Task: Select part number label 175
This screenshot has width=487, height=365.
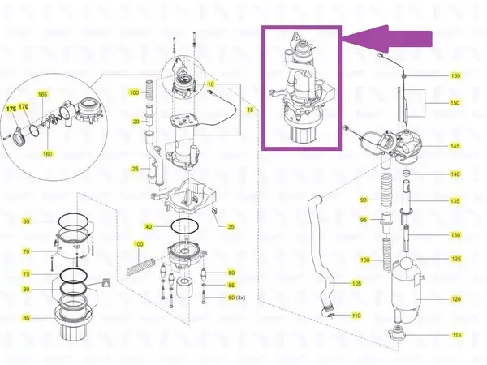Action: point(11,108)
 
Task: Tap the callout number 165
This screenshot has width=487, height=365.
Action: point(43,95)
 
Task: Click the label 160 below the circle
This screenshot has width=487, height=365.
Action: point(47,154)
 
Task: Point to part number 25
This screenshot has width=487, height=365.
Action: point(136,168)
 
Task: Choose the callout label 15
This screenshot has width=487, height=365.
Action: point(251,109)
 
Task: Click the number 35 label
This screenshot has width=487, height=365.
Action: point(231,226)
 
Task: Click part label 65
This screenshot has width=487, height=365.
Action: point(26,221)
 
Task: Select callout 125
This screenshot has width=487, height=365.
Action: point(456,259)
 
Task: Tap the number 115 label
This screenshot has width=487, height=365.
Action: point(456,335)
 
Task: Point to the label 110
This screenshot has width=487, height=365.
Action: point(356,315)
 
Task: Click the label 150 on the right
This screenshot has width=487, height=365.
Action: point(455,103)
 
